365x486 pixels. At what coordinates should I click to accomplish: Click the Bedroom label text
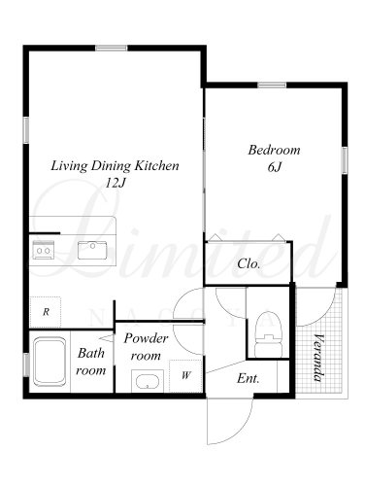coord(274,150)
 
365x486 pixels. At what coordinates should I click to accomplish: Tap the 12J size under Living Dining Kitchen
coord(115,184)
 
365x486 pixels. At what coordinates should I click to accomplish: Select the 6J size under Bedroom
coord(275,167)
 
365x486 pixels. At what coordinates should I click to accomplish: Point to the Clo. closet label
coord(249,263)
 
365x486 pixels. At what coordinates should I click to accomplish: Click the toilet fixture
coord(269,334)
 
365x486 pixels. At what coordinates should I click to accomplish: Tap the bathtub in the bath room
coord(50,362)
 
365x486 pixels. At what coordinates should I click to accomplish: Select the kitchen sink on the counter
coord(92,250)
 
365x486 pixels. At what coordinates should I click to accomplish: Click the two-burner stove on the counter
coord(43,250)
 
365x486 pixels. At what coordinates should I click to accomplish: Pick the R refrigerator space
coord(46,312)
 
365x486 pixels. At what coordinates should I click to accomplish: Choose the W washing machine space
coord(185,376)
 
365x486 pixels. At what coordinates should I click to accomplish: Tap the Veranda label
coord(318,358)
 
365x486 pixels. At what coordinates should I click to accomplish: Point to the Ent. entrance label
coord(249,378)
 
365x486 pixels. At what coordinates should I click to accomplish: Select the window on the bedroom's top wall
coord(272,86)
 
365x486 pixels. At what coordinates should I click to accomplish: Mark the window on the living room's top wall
coord(112,48)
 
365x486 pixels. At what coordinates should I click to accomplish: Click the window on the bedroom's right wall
coord(345,160)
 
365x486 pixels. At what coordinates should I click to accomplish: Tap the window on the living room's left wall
coord(26,130)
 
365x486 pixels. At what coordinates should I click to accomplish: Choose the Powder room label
coord(146,347)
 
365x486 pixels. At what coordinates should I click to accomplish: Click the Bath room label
coord(91,362)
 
